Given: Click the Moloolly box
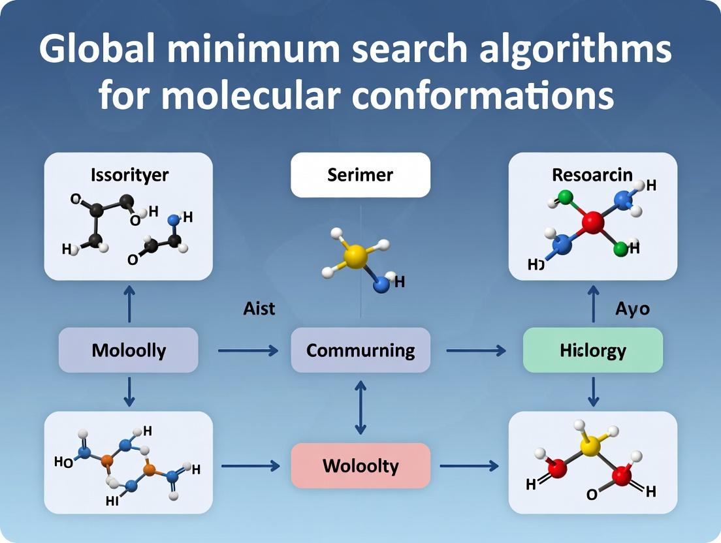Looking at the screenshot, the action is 128,350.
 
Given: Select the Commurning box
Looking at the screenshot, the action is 360,350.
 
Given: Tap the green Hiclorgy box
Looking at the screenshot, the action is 593,350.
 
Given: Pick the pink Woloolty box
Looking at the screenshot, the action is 360,466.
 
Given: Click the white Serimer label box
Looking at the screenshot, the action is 360,175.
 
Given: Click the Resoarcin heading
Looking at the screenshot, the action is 592,174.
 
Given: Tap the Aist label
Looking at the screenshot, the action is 259,308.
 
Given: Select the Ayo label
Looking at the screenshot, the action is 632,308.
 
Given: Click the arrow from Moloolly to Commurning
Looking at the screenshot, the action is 248,351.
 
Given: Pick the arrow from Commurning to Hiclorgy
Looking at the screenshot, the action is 476,351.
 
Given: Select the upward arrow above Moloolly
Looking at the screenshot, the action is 129,304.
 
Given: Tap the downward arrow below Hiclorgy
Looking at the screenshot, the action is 594,391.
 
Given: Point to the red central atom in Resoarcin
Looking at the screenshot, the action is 592,224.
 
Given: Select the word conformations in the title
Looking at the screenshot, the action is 484,95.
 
